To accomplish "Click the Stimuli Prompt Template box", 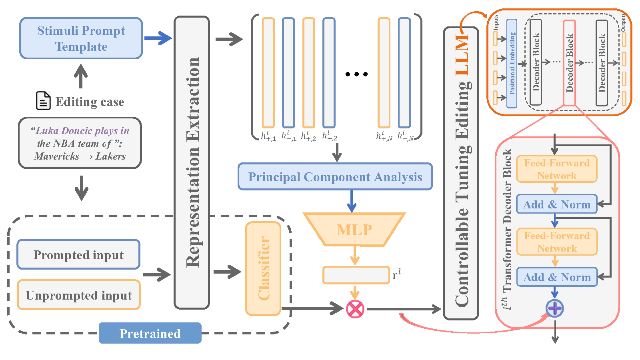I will tap(81, 38).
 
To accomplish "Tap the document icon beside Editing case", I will tap(43, 100).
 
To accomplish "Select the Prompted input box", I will tap(78, 254).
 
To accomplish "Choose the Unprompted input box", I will tap(79, 295).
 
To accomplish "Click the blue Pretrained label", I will tap(150, 333).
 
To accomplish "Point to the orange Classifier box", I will tap(263, 268).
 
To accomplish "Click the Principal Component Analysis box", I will tap(335, 176).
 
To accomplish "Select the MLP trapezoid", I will tap(354, 230).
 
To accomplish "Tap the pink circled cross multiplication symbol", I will tap(355, 309).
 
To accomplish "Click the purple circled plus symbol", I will tap(555, 308).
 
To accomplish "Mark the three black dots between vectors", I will tap(356, 74).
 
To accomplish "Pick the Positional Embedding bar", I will tap(512, 63).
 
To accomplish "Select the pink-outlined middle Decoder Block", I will tap(570, 63).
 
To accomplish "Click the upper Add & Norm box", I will tap(557, 204).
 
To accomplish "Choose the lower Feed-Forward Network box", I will tap(557, 242).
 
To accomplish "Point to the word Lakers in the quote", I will tap(111, 156).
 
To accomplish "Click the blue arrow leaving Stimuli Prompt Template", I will tap(158, 38).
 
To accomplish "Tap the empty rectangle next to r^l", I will tap(356, 275).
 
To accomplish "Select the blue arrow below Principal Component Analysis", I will tap(352, 201).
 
